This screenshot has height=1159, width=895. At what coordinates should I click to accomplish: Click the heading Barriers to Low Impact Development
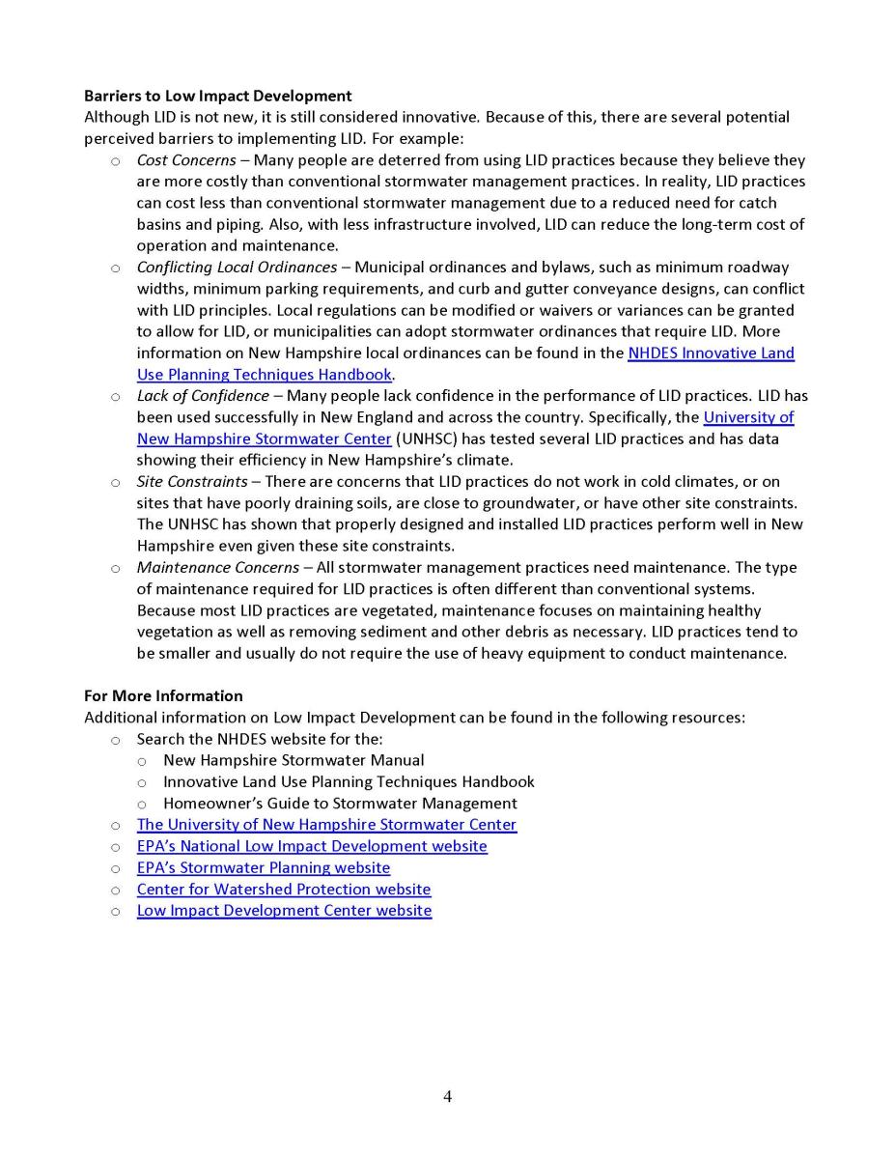point(217,96)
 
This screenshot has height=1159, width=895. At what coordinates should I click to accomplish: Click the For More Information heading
point(163,695)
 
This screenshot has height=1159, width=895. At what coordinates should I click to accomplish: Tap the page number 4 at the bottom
point(447,1096)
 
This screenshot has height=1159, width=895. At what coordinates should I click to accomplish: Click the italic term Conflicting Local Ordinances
point(237,268)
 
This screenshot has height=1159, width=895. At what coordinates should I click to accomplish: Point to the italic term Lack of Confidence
point(203,396)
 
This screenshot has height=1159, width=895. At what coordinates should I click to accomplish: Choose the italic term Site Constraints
point(192,481)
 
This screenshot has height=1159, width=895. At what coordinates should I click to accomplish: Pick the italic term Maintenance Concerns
point(217,567)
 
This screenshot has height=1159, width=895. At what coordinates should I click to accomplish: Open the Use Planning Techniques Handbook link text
point(264,375)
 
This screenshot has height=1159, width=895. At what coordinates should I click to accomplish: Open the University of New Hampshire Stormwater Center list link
point(326,825)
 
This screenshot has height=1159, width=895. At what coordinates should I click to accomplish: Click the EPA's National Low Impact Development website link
point(312,846)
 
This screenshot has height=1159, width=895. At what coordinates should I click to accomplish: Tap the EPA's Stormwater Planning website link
point(264,867)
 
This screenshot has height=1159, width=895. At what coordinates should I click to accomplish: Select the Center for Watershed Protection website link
point(284,889)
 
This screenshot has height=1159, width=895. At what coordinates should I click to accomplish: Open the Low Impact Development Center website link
point(284,911)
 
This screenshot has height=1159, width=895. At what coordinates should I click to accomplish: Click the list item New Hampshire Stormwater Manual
point(294,760)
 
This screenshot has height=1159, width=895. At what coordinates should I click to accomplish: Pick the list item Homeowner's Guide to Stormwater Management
point(340,804)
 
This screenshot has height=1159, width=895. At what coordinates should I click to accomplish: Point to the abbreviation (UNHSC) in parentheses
point(427,438)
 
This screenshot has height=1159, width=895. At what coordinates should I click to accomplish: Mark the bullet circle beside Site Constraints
point(116,482)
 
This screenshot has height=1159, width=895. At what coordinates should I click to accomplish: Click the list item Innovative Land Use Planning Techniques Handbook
point(349,781)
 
